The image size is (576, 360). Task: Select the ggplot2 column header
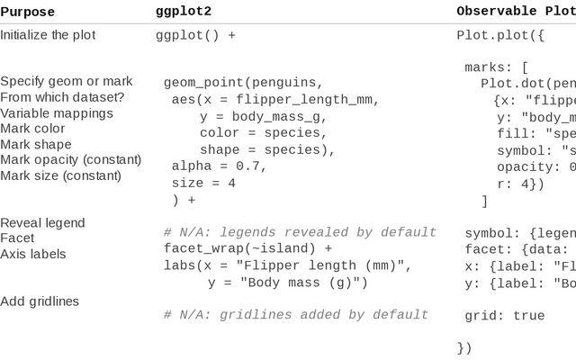pos(184,12)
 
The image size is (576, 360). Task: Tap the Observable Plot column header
pos(516,12)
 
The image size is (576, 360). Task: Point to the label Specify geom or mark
pos(67,81)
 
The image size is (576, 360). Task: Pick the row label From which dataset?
pos(62,97)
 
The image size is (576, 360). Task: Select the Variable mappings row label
pos(57,113)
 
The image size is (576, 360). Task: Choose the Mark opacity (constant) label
pos(71,160)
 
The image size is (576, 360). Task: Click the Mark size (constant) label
pos(60,175)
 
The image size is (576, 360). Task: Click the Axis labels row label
pos(33,254)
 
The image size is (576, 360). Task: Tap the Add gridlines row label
pos(40,301)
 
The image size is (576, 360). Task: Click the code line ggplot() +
pos(195,36)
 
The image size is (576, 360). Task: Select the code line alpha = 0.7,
pos(220,166)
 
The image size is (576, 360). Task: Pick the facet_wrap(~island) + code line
pos(247,248)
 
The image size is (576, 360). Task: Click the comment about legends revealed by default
pos(300,232)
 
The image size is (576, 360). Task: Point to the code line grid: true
pos(504,316)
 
